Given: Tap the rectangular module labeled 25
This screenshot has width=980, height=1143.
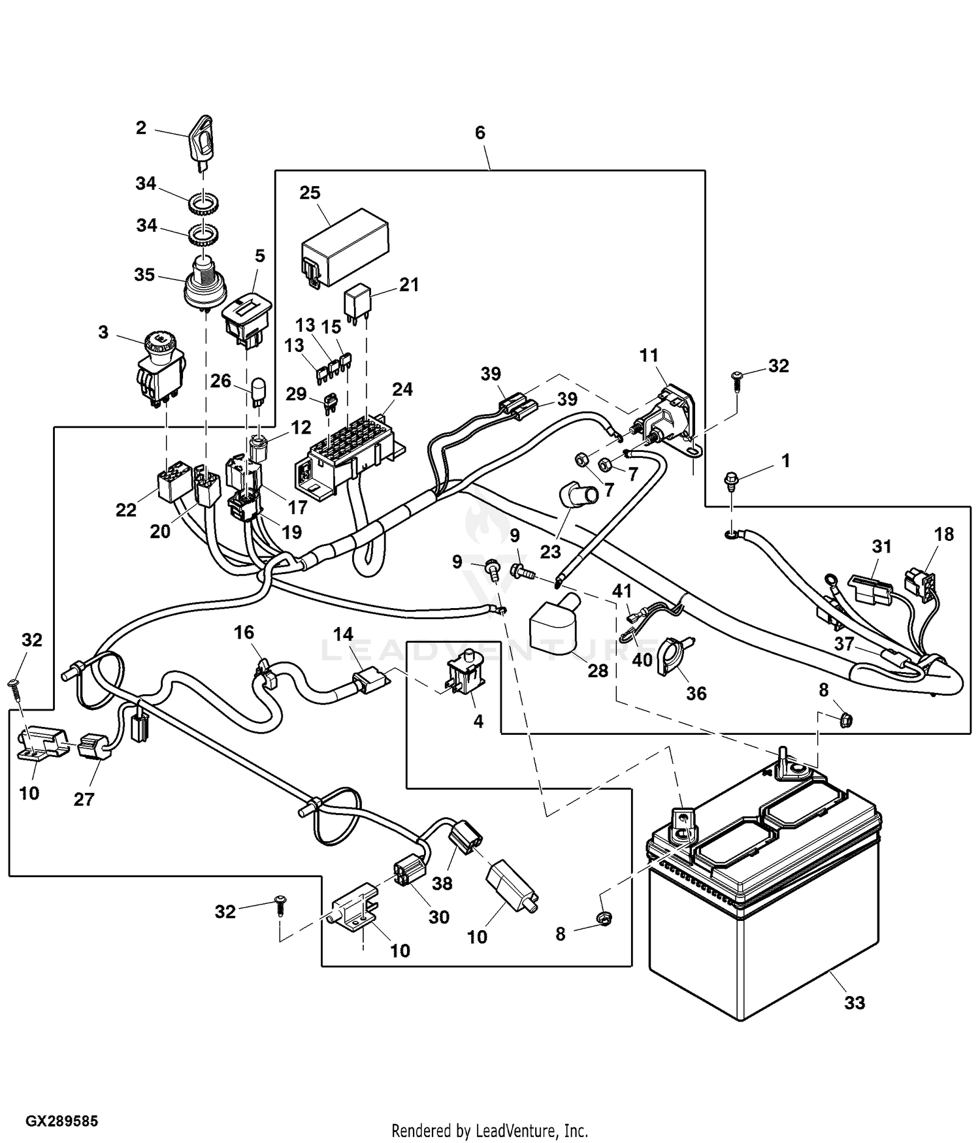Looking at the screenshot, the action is (x=344, y=246).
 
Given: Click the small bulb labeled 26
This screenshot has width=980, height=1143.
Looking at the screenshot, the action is (x=257, y=397).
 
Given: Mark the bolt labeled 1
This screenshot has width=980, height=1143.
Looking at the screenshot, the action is (x=730, y=485).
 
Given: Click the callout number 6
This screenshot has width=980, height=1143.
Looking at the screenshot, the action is (x=480, y=133).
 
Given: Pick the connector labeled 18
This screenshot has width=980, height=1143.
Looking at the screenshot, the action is (x=920, y=581).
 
